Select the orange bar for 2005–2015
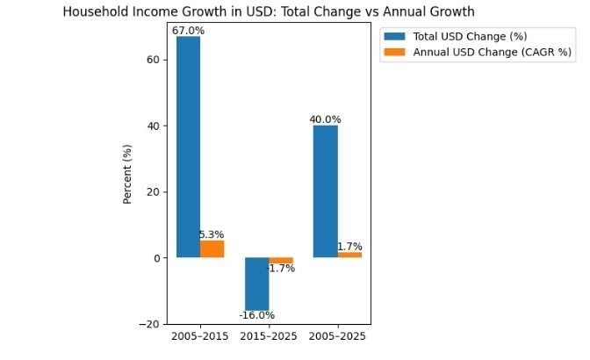[212, 248]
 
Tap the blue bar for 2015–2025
[256, 284]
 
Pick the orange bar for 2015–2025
[281, 260]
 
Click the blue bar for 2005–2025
[325, 191]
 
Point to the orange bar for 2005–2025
[349, 255]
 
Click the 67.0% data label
[188, 31]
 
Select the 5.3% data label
[212, 234]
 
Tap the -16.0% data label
[256, 315]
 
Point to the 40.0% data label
[325, 119]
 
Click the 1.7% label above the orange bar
[349, 247]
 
